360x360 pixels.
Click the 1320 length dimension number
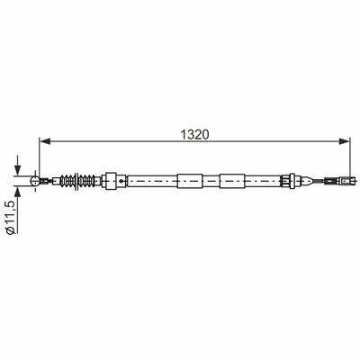click(194, 135)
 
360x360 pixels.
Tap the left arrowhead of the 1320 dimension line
click(45, 141)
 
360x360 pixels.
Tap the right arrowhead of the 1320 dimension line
click(345, 141)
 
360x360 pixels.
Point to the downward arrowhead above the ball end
click(18, 170)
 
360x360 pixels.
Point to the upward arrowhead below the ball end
click(18, 192)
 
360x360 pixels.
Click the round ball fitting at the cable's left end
click(35, 181)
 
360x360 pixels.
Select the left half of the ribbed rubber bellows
click(67, 181)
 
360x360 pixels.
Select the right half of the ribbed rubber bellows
click(87, 181)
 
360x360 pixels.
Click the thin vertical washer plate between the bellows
click(77, 181)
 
